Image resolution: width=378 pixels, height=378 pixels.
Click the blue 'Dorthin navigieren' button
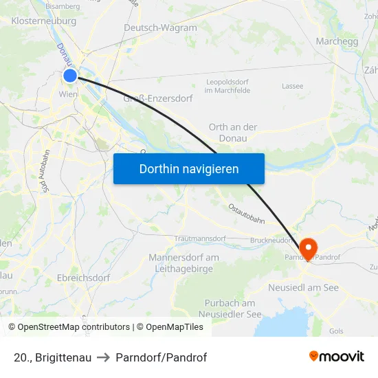click(188, 168)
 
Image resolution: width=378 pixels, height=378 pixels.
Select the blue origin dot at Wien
click(70, 76)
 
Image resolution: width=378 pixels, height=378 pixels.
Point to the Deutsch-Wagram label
click(160, 28)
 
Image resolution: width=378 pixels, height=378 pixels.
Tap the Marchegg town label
click(337, 41)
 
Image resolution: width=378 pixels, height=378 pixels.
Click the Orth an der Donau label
click(233, 132)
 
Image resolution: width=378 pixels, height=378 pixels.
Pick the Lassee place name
click(293, 86)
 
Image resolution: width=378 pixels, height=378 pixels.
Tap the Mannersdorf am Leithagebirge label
click(184, 263)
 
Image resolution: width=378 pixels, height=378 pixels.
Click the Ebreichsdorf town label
click(84, 278)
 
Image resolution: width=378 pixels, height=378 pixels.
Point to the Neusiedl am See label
click(304, 287)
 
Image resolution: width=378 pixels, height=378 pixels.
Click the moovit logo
click(336, 356)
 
